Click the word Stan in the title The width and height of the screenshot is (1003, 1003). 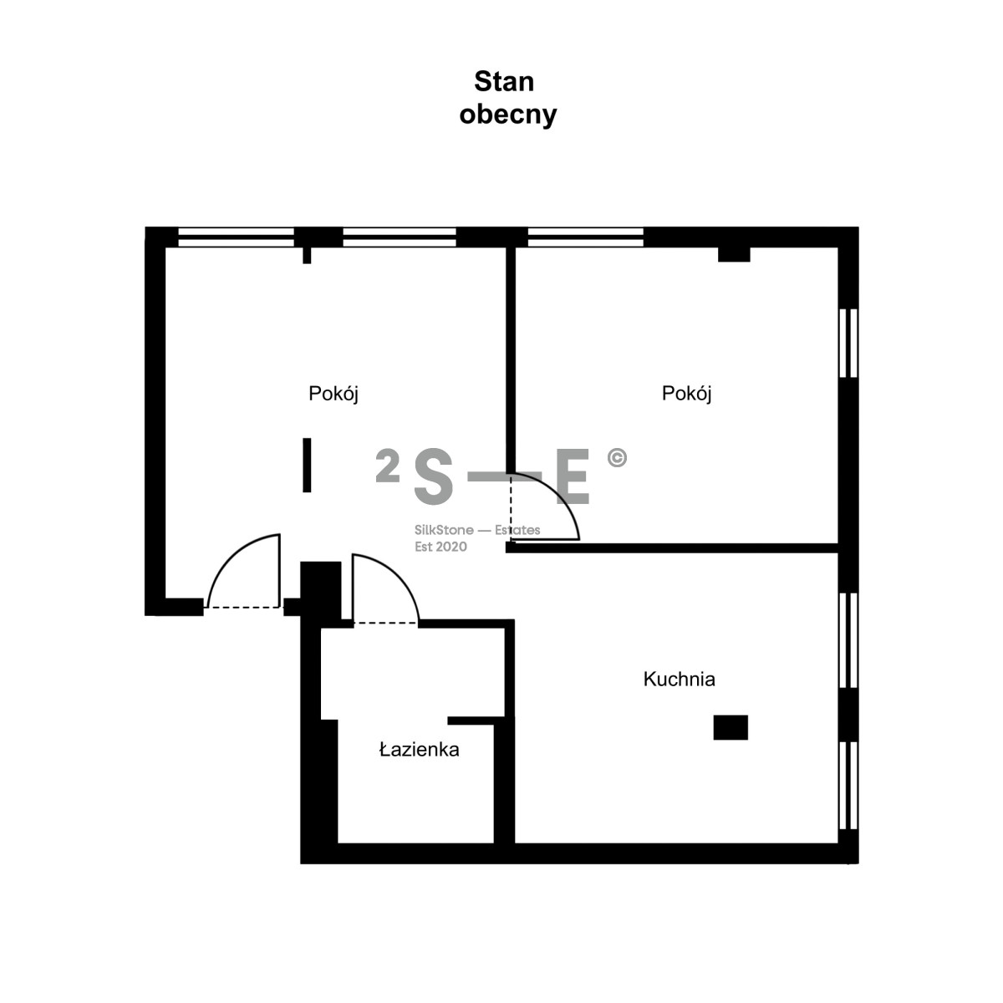(x=503, y=82)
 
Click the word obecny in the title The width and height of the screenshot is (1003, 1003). (x=507, y=114)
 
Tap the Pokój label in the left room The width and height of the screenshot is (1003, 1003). (x=333, y=394)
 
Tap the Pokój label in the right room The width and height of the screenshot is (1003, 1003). (x=686, y=394)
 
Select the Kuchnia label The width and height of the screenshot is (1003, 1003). (x=679, y=679)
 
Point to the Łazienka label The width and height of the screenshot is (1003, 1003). (x=419, y=750)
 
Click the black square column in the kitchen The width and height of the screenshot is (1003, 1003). (x=730, y=727)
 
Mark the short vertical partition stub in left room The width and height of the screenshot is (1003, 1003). (x=307, y=465)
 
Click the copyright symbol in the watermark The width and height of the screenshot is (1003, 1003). (x=617, y=458)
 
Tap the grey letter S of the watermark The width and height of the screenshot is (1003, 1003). (x=433, y=477)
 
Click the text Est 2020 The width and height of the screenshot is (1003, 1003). (x=440, y=547)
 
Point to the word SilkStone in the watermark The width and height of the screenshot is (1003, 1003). (x=444, y=530)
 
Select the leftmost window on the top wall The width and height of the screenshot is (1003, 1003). (x=236, y=237)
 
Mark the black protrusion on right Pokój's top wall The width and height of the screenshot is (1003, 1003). (x=734, y=255)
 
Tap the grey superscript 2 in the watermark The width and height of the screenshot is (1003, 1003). (x=387, y=466)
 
